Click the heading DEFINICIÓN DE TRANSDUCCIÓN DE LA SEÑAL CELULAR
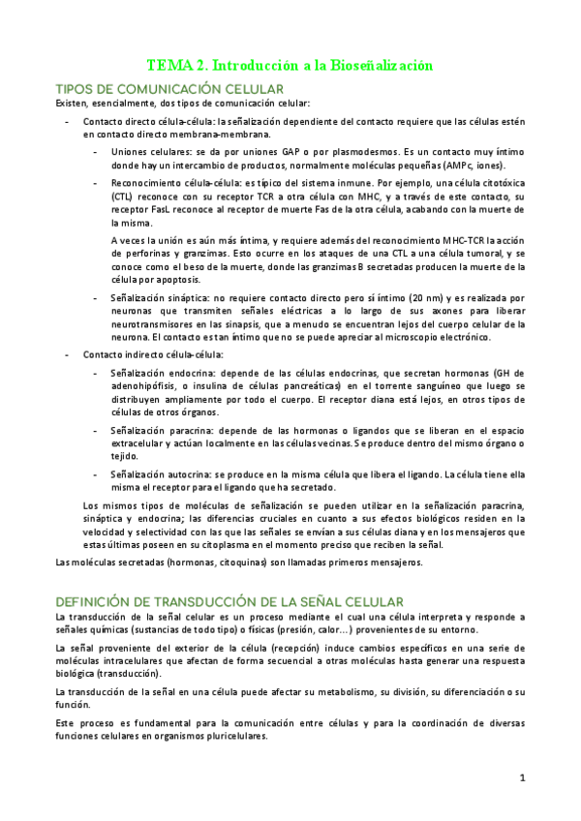(x=223, y=601)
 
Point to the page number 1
(x=521, y=776)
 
